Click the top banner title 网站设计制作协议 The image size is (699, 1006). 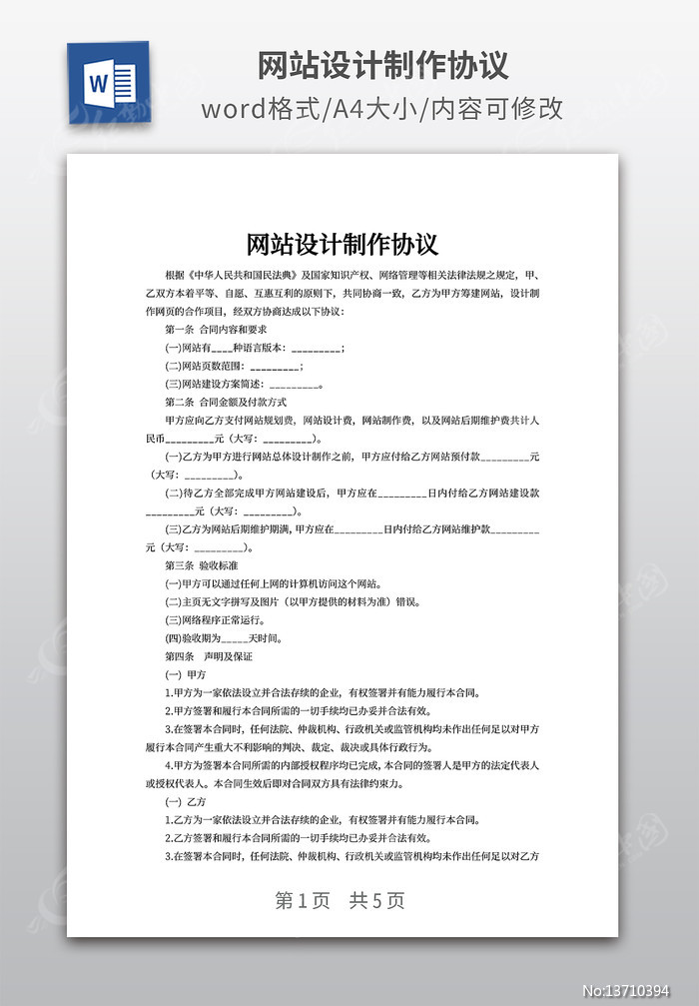coord(383,65)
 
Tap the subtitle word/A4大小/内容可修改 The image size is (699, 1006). coord(382,109)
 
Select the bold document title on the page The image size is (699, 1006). coord(343,244)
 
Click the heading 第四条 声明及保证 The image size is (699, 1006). coord(209,656)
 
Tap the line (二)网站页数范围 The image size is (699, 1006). coord(235,367)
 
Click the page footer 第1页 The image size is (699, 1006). coord(303,901)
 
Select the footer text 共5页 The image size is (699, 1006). coord(377,901)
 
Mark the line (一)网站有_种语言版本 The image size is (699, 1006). coord(256,348)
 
